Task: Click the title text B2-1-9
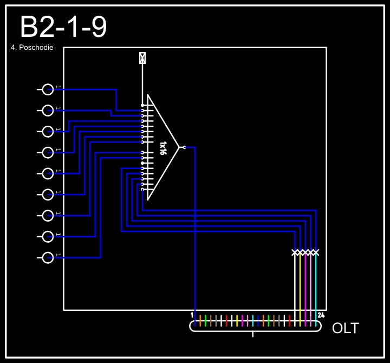point(63,27)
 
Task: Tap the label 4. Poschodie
point(32,48)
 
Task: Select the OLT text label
point(345,328)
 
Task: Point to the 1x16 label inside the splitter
point(162,148)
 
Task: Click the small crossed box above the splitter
point(142,58)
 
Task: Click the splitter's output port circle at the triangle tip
point(184,147)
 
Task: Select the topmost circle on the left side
point(48,89)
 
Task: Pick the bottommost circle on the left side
point(48,257)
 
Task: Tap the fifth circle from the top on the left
point(48,173)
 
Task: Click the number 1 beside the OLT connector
point(192,315)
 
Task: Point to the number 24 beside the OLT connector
point(321,315)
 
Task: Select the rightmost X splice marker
point(316,252)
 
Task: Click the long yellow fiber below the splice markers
point(300,287)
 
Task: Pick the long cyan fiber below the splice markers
point(316,287)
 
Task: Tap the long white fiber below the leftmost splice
point(295,287)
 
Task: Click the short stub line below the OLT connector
point(253,334)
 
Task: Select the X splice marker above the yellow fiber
point(300,252)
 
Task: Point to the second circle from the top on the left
point(48,111)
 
